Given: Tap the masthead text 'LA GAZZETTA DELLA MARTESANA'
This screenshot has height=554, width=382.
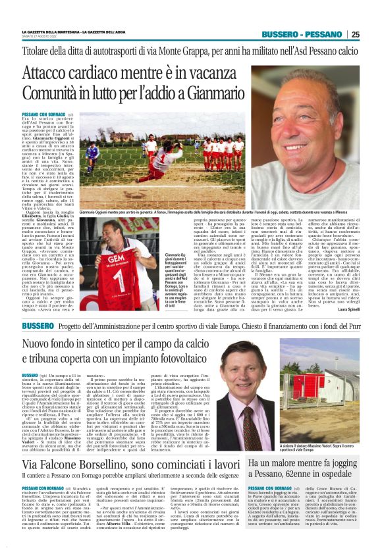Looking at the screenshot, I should (52, 32).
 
